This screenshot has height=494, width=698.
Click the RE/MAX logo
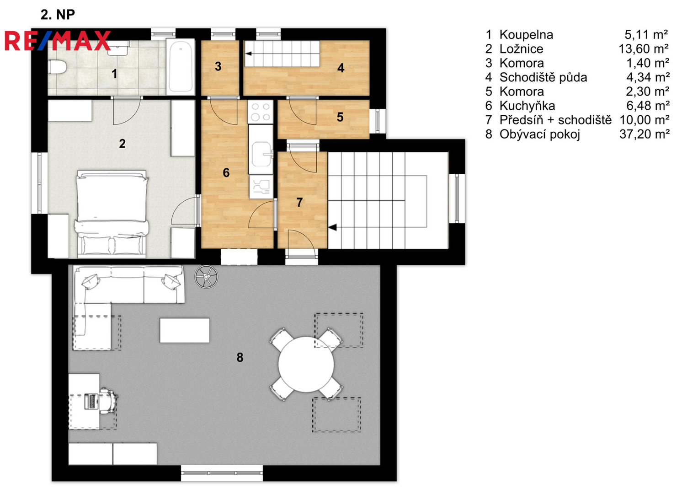58,41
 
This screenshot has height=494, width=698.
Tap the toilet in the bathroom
57,67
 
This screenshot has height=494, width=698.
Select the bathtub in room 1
181,67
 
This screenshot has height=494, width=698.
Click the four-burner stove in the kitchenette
261,112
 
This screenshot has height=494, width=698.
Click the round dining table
306,364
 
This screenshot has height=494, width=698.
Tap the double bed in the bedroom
111,214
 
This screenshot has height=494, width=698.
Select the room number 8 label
240,357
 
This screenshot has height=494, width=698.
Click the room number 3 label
218,66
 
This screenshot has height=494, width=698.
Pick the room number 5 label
340,117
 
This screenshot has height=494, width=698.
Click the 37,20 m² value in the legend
645,134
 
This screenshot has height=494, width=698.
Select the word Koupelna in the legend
526,35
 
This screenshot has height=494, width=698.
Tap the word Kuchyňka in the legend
527,106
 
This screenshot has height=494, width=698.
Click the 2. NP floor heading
58,14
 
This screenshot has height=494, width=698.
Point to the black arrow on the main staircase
332,227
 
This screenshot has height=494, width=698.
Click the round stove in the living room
206,277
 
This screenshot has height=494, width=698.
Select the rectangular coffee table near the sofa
185,330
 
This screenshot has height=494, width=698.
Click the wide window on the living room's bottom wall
222,473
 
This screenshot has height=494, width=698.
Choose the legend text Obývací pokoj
540,134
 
